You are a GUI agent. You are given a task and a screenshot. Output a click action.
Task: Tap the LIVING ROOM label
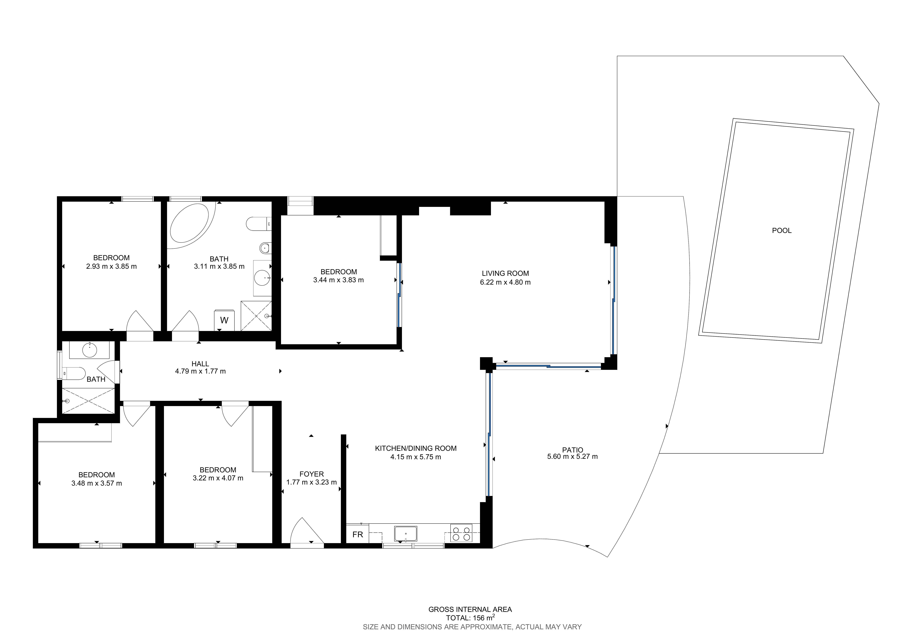pos(505,273)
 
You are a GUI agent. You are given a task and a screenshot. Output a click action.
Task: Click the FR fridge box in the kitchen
pos(358,534)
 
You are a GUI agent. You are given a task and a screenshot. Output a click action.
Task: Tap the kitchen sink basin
pos(405,534)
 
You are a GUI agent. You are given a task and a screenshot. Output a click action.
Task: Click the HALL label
pos(200,364)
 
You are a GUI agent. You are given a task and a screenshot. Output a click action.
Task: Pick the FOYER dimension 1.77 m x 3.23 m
pos(312,482)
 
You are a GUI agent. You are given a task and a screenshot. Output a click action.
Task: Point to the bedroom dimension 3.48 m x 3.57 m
pos(97,483)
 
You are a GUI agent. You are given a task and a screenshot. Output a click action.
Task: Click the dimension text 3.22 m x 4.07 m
pos(218,478)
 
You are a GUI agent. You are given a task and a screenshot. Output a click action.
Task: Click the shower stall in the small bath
pos(88,401)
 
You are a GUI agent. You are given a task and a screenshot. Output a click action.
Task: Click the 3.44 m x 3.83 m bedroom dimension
pos(339,280)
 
